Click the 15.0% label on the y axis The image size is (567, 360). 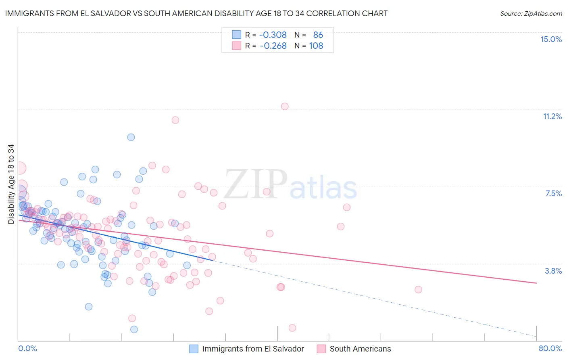551,39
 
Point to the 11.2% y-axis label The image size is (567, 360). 552,116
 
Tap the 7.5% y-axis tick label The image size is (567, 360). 553,193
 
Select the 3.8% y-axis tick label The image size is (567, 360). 553,271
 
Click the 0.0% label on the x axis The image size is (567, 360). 27,348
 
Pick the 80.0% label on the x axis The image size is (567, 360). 550,348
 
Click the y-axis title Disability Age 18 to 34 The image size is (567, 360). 11,184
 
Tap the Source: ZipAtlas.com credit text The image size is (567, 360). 531,14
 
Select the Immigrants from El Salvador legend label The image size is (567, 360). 253,349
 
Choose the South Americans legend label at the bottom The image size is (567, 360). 360,349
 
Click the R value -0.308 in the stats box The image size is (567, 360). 273,35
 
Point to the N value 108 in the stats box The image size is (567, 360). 316,46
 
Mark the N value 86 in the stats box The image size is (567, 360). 318,35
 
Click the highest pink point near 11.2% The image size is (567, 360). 285,107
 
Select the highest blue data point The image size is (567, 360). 131,137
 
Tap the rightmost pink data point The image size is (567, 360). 418,289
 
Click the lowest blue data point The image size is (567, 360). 134,329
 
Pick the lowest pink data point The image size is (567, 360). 292,328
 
